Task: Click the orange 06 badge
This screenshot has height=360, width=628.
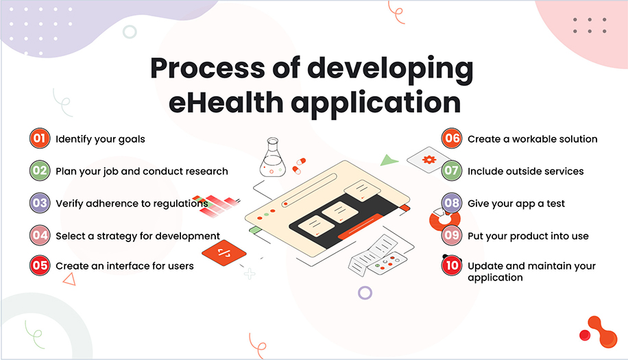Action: [451, 139]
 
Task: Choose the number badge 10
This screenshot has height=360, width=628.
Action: [451, 265]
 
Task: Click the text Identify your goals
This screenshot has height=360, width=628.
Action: [100, 139]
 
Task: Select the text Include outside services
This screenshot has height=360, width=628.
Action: [525, 171]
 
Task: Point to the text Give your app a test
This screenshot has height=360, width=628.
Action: [516, 204]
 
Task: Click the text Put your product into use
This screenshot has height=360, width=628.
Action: [528, 236]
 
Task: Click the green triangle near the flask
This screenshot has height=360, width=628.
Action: [389, 160]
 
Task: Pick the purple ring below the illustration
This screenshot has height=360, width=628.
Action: [365, 293]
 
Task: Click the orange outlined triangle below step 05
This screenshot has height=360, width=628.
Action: [69, 278]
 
